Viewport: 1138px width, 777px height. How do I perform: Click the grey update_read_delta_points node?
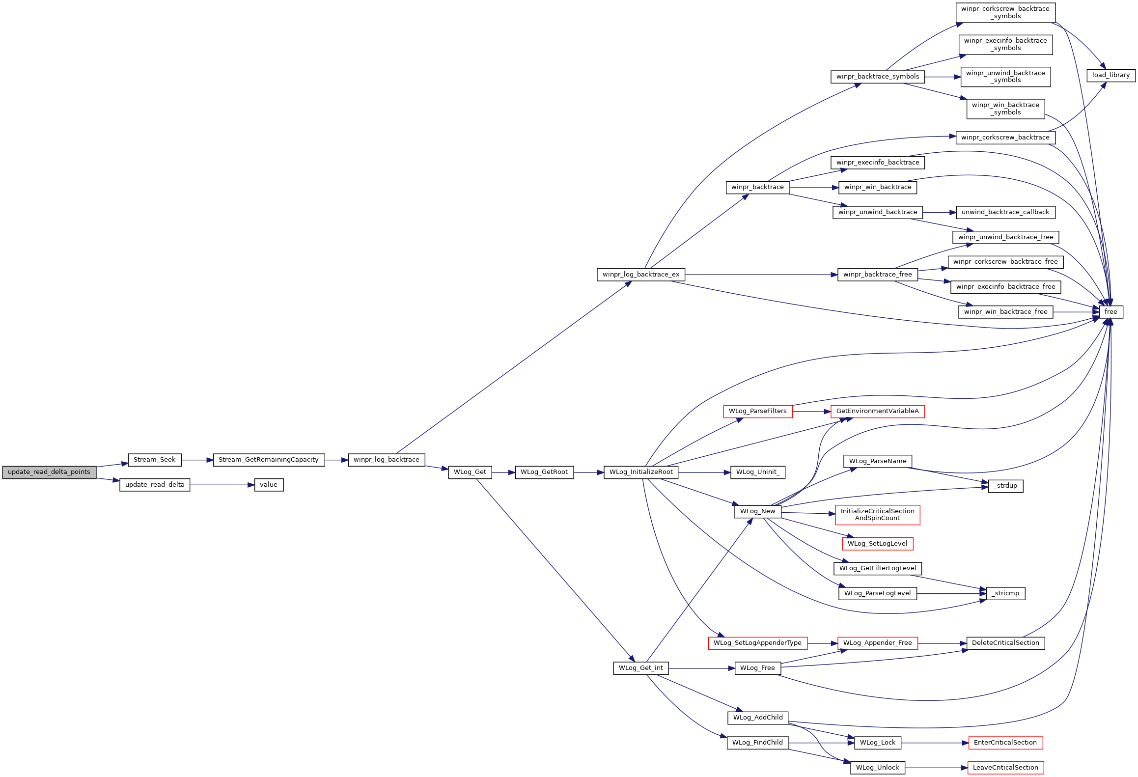pyautogui.click(x=49, y=472)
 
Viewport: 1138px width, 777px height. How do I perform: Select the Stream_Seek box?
pyautogui.click(x=155, y=460)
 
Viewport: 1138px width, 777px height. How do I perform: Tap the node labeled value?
pyautogui.click(x=269, y=485)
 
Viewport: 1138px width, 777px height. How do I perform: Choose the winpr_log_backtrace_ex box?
pyautogui.click(x=641, y=275)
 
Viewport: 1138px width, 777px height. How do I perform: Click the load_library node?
pyautogui.click(x=1111, y=75)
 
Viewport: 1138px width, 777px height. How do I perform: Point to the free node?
pyautogui.click(x=1110, y=312)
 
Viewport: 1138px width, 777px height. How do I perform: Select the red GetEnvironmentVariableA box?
pyautogui.click(x=877, y=411)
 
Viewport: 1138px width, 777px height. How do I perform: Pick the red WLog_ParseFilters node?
pyautogui.click(x=757, y=411)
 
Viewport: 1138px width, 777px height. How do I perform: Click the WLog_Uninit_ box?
pyautogui.click(x=758, y=472)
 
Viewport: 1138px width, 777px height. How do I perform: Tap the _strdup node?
pyautogui.click(x=1005, y=486)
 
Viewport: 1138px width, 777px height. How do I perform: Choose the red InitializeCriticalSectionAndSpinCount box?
pyautogui.click(x=877, y=515)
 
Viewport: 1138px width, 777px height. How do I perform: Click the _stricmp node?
pyautogui.click(x=1005, y=593)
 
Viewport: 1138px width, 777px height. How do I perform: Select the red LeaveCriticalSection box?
pyautogui.click(x=1005, y=768)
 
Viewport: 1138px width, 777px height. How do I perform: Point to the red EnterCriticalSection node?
pyautogui.click(x=1005, y=743)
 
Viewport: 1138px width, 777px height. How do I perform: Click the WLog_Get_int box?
pyautogui.click(x=641, y=668)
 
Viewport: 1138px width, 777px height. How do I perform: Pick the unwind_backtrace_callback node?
pyautogui.click(x=1005, y=212)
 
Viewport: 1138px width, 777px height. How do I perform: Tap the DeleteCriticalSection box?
pyautogui.click(x=1005, y=643)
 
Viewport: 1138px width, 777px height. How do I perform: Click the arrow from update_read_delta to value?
pyautogui.click(x=222, y=485)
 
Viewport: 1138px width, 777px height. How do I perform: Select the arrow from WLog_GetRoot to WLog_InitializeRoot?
pyautogui.click(x=589, y=472)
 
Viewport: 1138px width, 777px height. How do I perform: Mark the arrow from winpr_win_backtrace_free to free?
pyautogui.click(x=1076, y=312)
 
